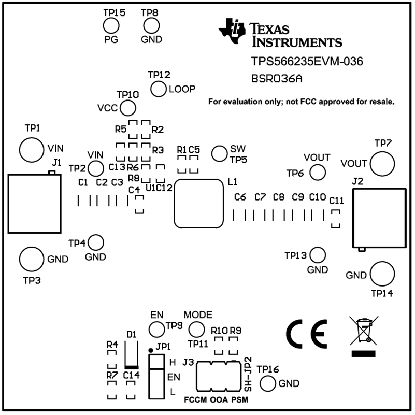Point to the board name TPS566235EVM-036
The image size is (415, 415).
(x=307, y=62)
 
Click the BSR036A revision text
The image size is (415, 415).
(x=277, y=79)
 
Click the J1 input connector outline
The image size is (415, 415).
(x=8, y=204)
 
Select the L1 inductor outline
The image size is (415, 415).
(x=174, y=204)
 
